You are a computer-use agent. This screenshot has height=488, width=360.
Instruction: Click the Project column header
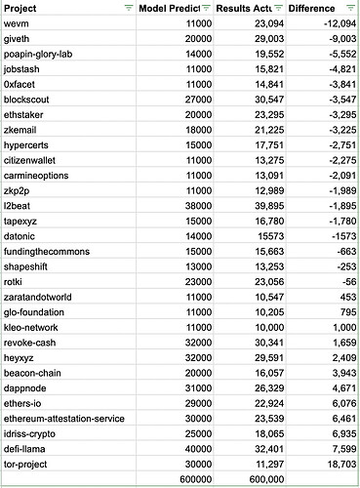click(x=24, y=8)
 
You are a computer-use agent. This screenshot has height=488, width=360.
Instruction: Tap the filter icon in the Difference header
click(x=349, y=8)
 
